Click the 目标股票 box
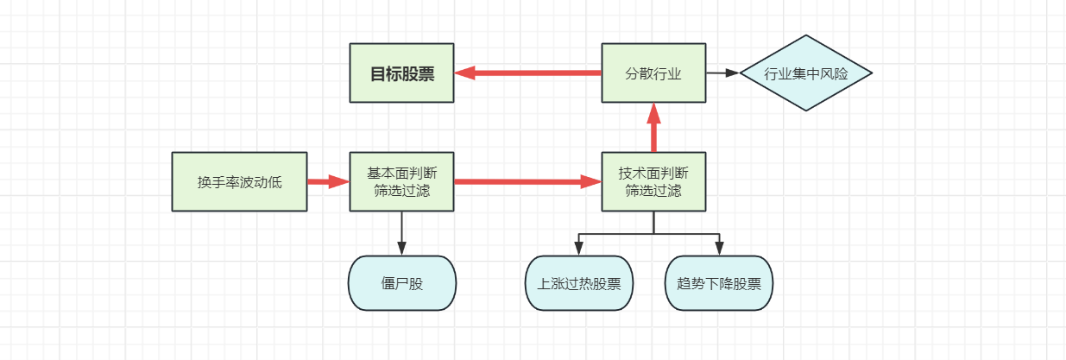[401, 73]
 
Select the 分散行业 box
[653, 73]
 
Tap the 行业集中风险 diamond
[806, 73]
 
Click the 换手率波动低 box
[239, 182]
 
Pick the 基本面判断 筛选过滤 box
[401, 182]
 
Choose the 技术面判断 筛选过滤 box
[653, 182]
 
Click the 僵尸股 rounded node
[401, 283]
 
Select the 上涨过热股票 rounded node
[578, 283]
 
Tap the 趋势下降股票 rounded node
[719, 283]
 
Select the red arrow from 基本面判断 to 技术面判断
[527, 182]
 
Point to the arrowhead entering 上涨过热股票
[578, 249]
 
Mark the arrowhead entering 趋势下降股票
[719, 249]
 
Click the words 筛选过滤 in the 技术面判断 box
[653, 191]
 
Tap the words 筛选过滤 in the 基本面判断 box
[401, 191]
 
